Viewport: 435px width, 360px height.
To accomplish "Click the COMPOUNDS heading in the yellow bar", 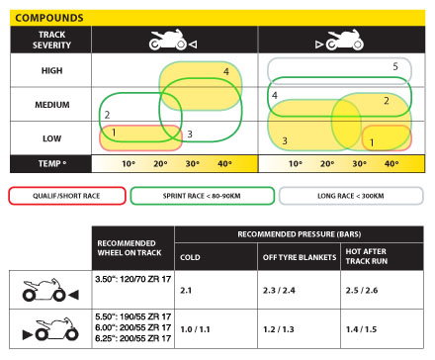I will tap(49, 18).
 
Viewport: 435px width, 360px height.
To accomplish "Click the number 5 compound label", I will tap(394, 66).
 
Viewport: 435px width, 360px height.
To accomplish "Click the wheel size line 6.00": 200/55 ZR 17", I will tap(132, 325).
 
